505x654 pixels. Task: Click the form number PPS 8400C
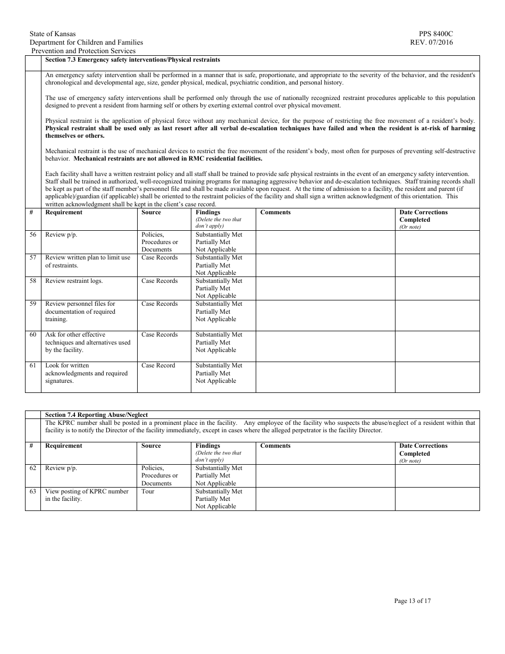click(x=436, y=34)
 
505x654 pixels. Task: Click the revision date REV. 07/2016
click(x=432, y=43)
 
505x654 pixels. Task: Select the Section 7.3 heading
click(x=132, y=60)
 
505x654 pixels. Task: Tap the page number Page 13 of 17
click(x=413, y=601)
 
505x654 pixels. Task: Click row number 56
click(x=33, y=234)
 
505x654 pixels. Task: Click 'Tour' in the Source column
click(x=148, y=491)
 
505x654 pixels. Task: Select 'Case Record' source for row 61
click(x=158, y=365)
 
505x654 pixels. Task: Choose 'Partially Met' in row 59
click(x=213, y=312)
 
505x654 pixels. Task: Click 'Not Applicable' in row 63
click(x=215, y=506)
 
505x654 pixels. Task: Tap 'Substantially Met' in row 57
click(x=218, y=257)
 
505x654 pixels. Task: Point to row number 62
click(x=33, y=468)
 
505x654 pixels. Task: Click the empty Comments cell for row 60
click(x=325, y=346)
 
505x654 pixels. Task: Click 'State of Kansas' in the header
click(x=53, y=34)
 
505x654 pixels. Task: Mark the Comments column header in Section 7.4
click(x=275, y=446)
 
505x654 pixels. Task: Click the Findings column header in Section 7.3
click(x=208, y=212)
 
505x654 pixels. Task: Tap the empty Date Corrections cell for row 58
click(x=436, y=288)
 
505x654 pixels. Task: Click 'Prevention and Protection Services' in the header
click(x=83, y=51)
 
